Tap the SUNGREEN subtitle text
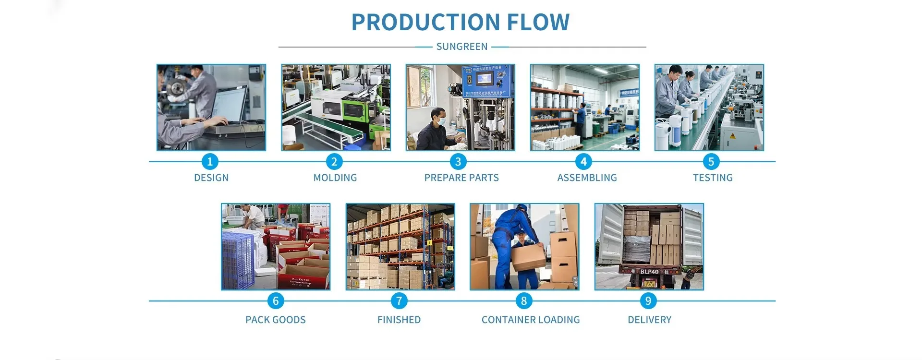[461, 47]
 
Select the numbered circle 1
[209, 162]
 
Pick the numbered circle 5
[711, 162]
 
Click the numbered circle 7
[399, 301]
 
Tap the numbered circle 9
[648, 301]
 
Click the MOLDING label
[335, 178]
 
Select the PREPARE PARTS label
[461, 178]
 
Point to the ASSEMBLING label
[587, 178]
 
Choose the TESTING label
[713, 178]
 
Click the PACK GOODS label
[275, 320]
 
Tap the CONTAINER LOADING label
[531, 320]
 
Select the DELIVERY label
[649, 320]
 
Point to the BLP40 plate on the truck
[649, 272]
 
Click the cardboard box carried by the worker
[528, 256]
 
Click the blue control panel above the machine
[487, 81]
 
